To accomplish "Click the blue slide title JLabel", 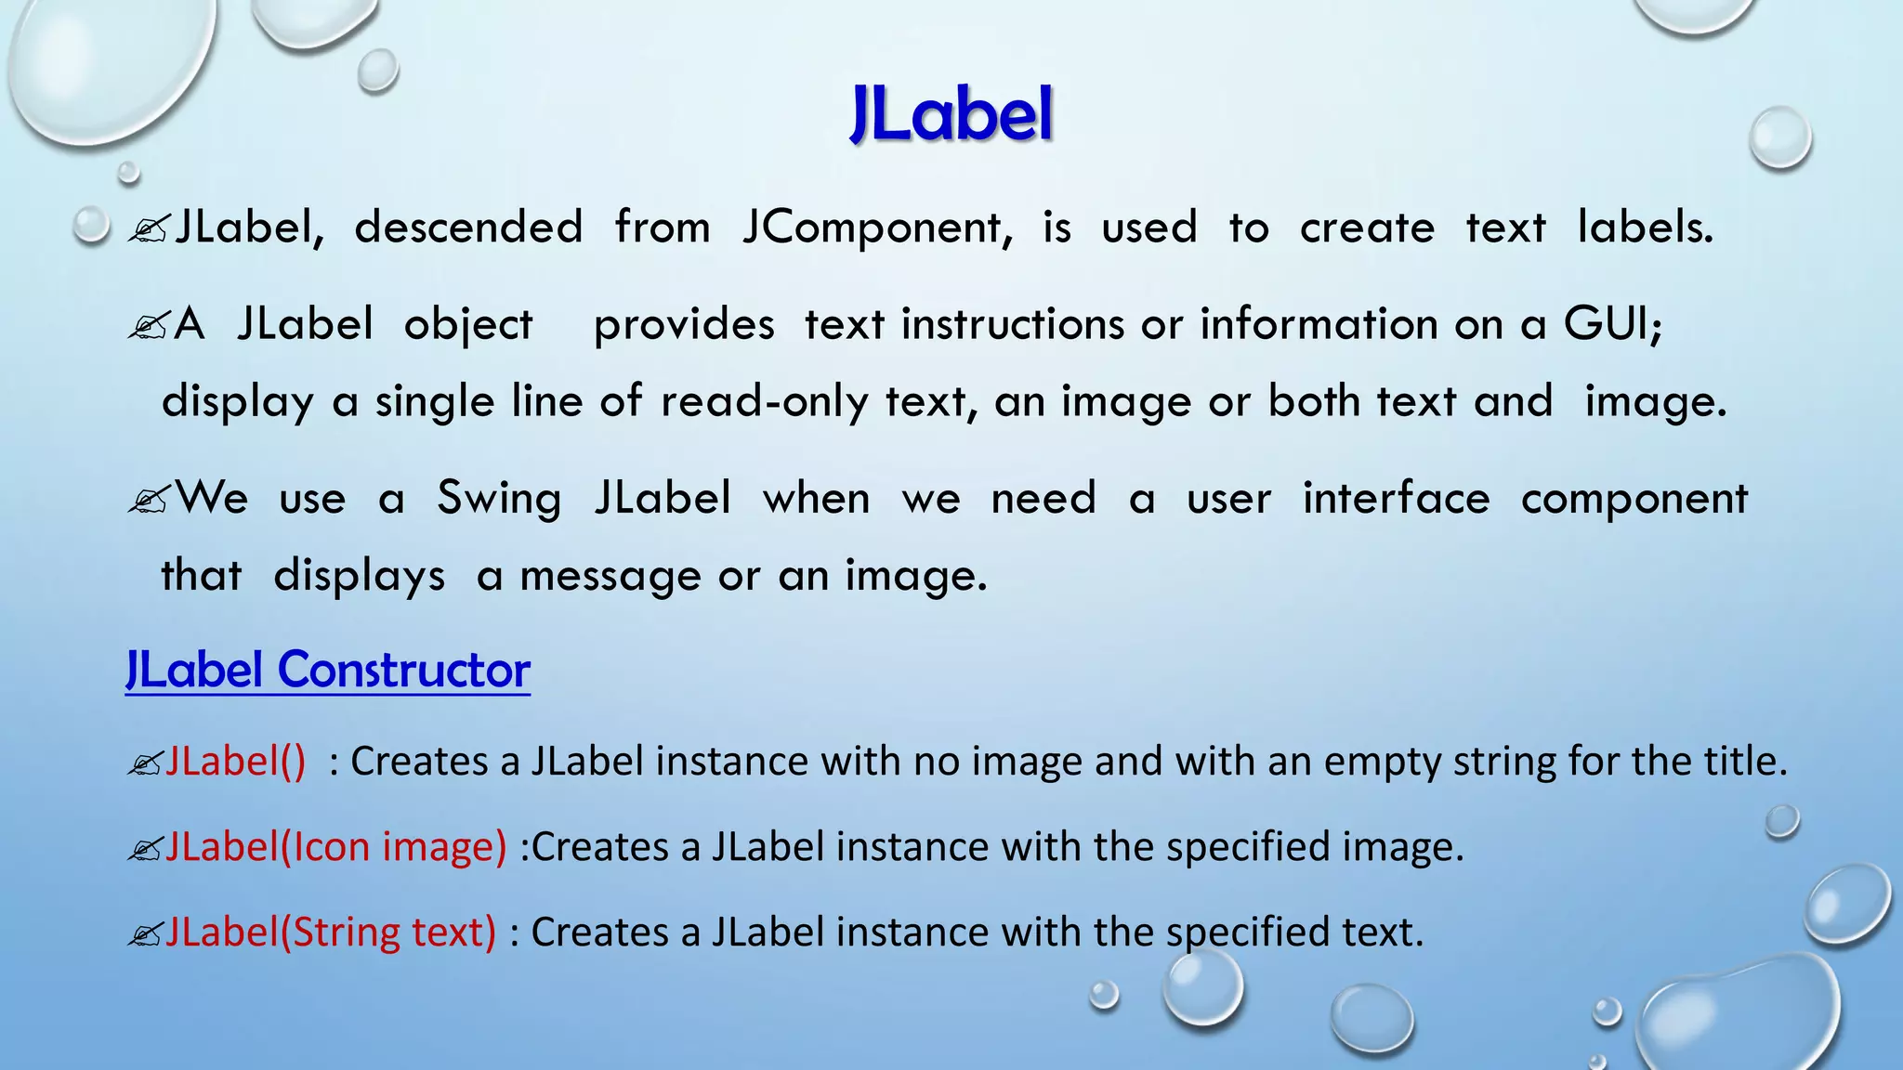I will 951,114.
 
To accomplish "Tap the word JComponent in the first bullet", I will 876,228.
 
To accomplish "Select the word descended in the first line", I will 468,228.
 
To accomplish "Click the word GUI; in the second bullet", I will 1613,324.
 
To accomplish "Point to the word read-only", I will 764,401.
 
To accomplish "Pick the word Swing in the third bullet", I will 499,499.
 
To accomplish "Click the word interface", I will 1396,499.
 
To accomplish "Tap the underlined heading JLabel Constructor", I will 328,670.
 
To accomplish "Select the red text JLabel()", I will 235,762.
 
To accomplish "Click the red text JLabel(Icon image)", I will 335,847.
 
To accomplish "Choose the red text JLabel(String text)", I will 331,933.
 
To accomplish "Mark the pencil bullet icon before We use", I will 148,501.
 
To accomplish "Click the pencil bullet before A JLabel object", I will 148,326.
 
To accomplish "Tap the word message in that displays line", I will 610,576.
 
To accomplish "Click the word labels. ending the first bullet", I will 1645,228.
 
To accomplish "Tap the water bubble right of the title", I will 1779,138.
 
